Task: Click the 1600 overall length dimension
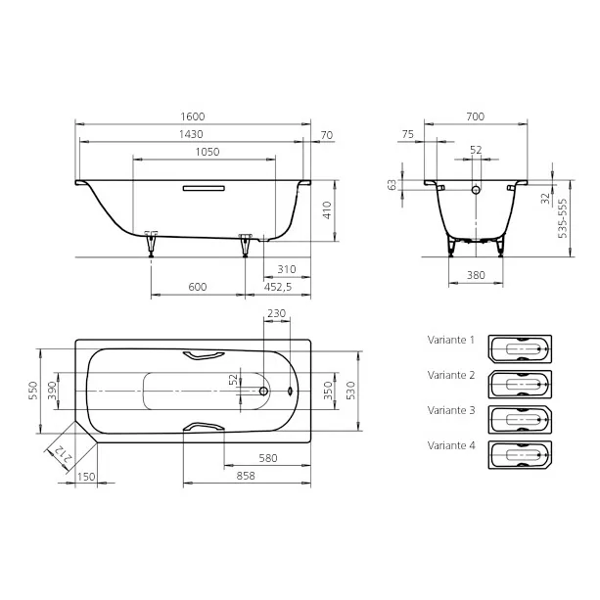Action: point(193,116)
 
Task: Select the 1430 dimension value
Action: point(191,134)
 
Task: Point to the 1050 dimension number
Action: point(208,152)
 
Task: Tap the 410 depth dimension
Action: point(327,210)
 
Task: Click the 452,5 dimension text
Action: point(278,287)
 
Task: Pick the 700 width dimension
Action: point(476,116)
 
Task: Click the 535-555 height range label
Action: point(563,218)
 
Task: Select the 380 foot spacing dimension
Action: point(476,275)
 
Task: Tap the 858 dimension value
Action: point(246,476)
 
